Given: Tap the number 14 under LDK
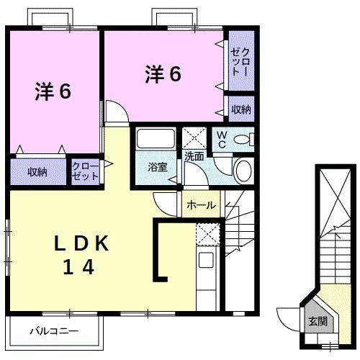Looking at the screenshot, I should click(77, 267).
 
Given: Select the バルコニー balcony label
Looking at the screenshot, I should click(53, 332).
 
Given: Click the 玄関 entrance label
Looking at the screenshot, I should click(318, 321).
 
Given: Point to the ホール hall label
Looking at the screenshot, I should click(200, 205).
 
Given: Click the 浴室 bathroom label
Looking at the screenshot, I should click(157, 168).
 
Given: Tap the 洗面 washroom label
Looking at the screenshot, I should click(194, 156).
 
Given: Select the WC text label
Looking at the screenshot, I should click(222, 140).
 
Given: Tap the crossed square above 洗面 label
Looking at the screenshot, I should click(194, 137).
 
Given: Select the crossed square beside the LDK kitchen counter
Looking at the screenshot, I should click(206, 234).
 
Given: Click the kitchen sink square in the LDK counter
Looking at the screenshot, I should click(206, 261).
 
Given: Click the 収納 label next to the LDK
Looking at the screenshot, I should click(37, 171).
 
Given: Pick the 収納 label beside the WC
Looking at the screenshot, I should click(241, 109).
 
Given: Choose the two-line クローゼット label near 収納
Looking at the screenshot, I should click(85, 171).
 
